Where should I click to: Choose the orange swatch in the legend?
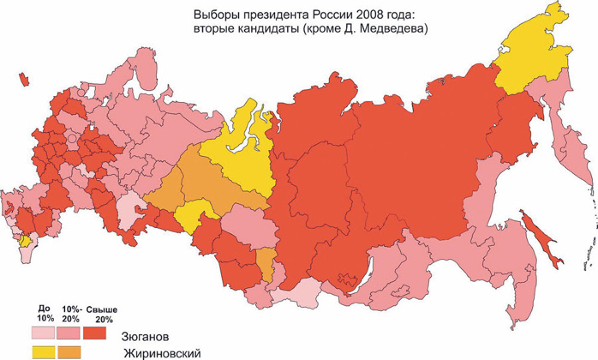tap(69, 351)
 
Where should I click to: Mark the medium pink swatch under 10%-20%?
tap(69, 331)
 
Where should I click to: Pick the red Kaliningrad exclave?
tap(25, 80)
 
